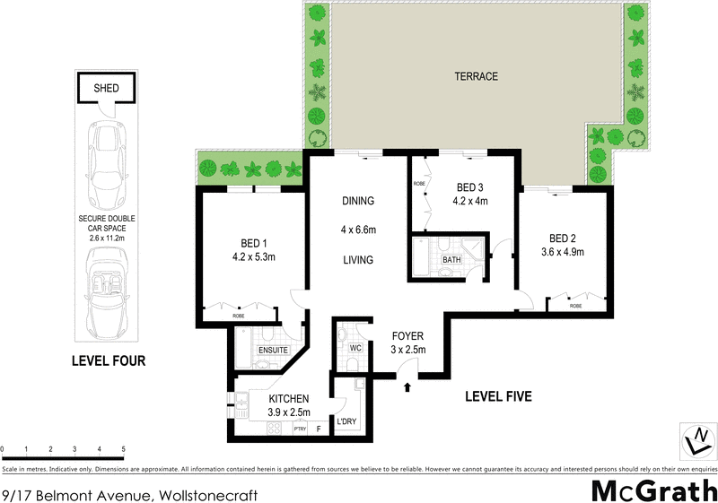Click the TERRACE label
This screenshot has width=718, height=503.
(x=476, y=76)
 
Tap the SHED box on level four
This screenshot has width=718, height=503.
(x=106, y=88)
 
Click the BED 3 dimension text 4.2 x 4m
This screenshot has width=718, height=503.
(x=471, y=201)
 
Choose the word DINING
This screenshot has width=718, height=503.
(x=358, y=201)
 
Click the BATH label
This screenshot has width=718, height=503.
(x=451, y=261)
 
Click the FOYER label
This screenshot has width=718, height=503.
(x=407, y=336)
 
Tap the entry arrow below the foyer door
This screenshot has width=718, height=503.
(x=407, y=387)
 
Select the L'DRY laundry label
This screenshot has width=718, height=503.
(x=347, y=421)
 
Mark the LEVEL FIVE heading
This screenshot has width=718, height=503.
(x=499, y=395)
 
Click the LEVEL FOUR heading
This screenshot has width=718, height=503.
(x=108, y=361)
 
